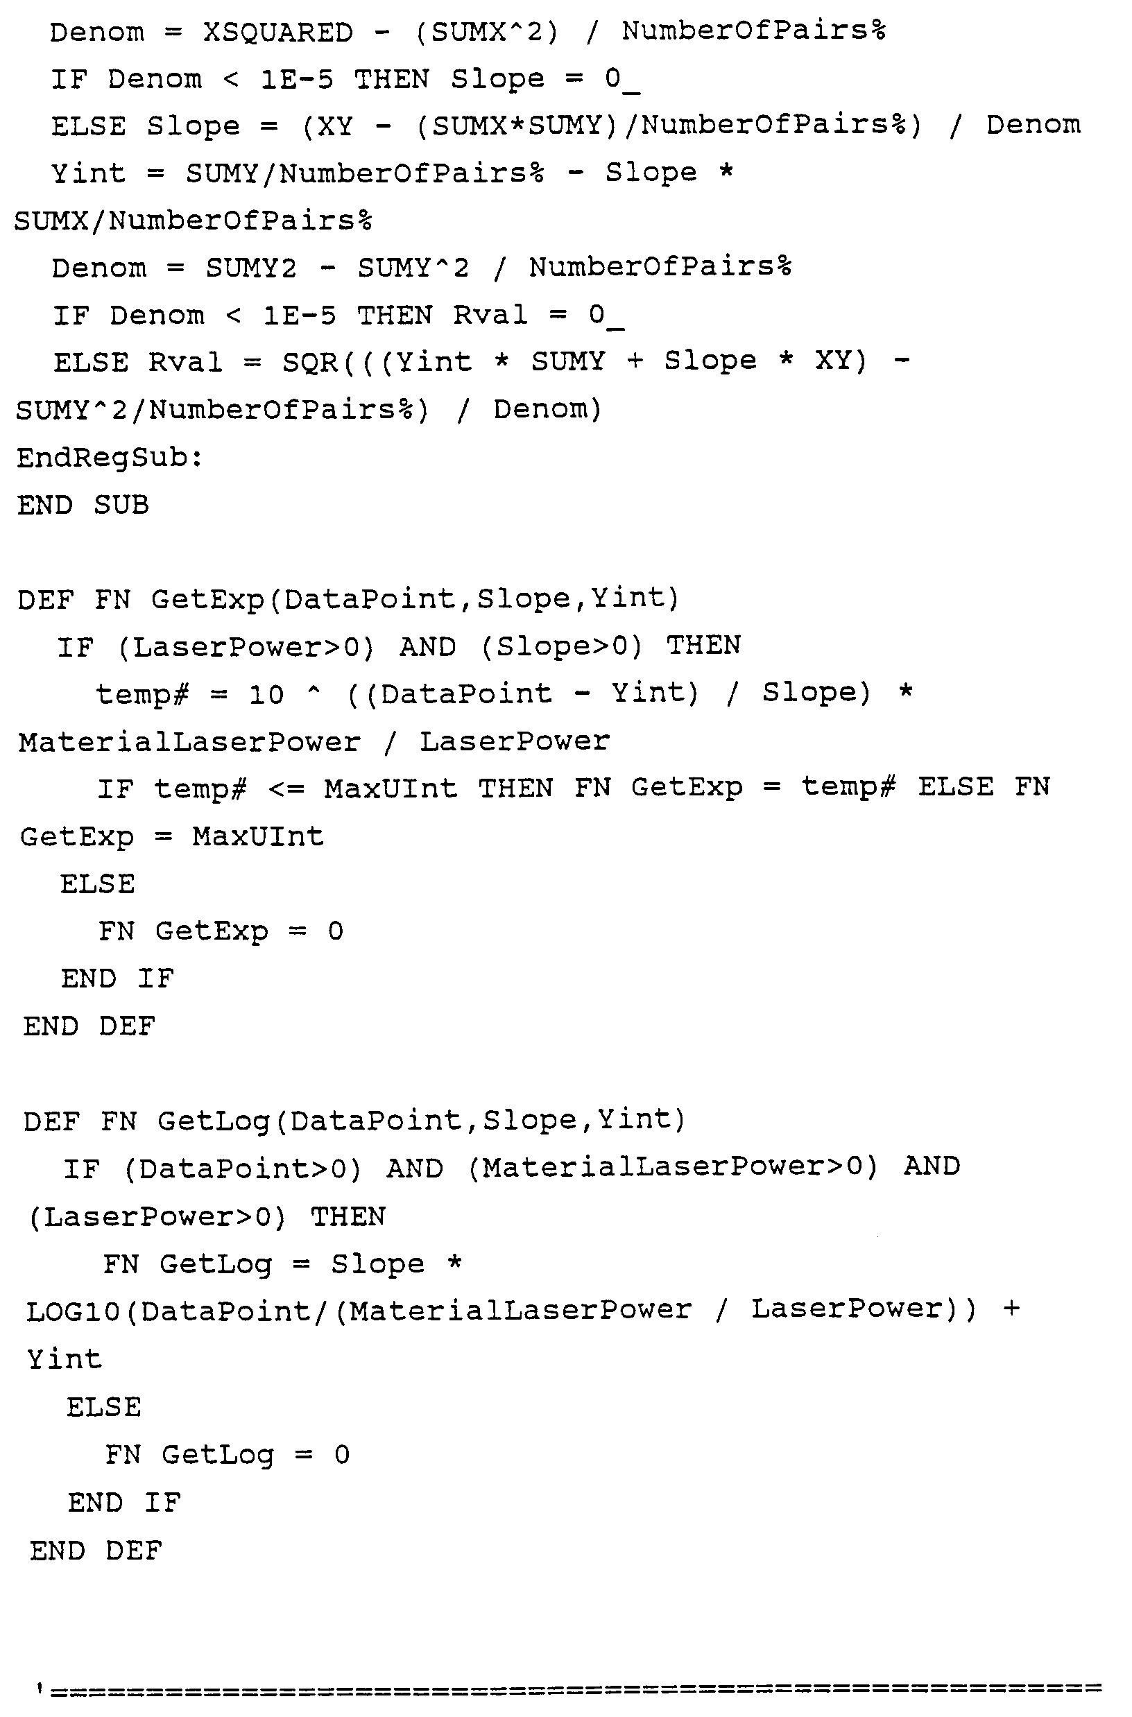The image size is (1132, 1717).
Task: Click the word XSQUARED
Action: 278,33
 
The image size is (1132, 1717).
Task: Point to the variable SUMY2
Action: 250,268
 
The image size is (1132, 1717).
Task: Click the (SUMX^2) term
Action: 487,32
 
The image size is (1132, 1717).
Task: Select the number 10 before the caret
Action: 266,694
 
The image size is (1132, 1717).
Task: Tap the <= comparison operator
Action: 286,789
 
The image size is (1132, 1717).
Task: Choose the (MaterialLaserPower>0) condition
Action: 672,1168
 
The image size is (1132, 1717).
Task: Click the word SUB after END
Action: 121,505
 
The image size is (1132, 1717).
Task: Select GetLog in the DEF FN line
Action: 214,1121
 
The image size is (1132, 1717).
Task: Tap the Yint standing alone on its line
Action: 65,1360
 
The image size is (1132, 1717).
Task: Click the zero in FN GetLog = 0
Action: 342,1455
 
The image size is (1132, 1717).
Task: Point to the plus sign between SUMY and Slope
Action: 635,361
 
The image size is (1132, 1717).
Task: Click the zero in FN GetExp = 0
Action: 336,931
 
